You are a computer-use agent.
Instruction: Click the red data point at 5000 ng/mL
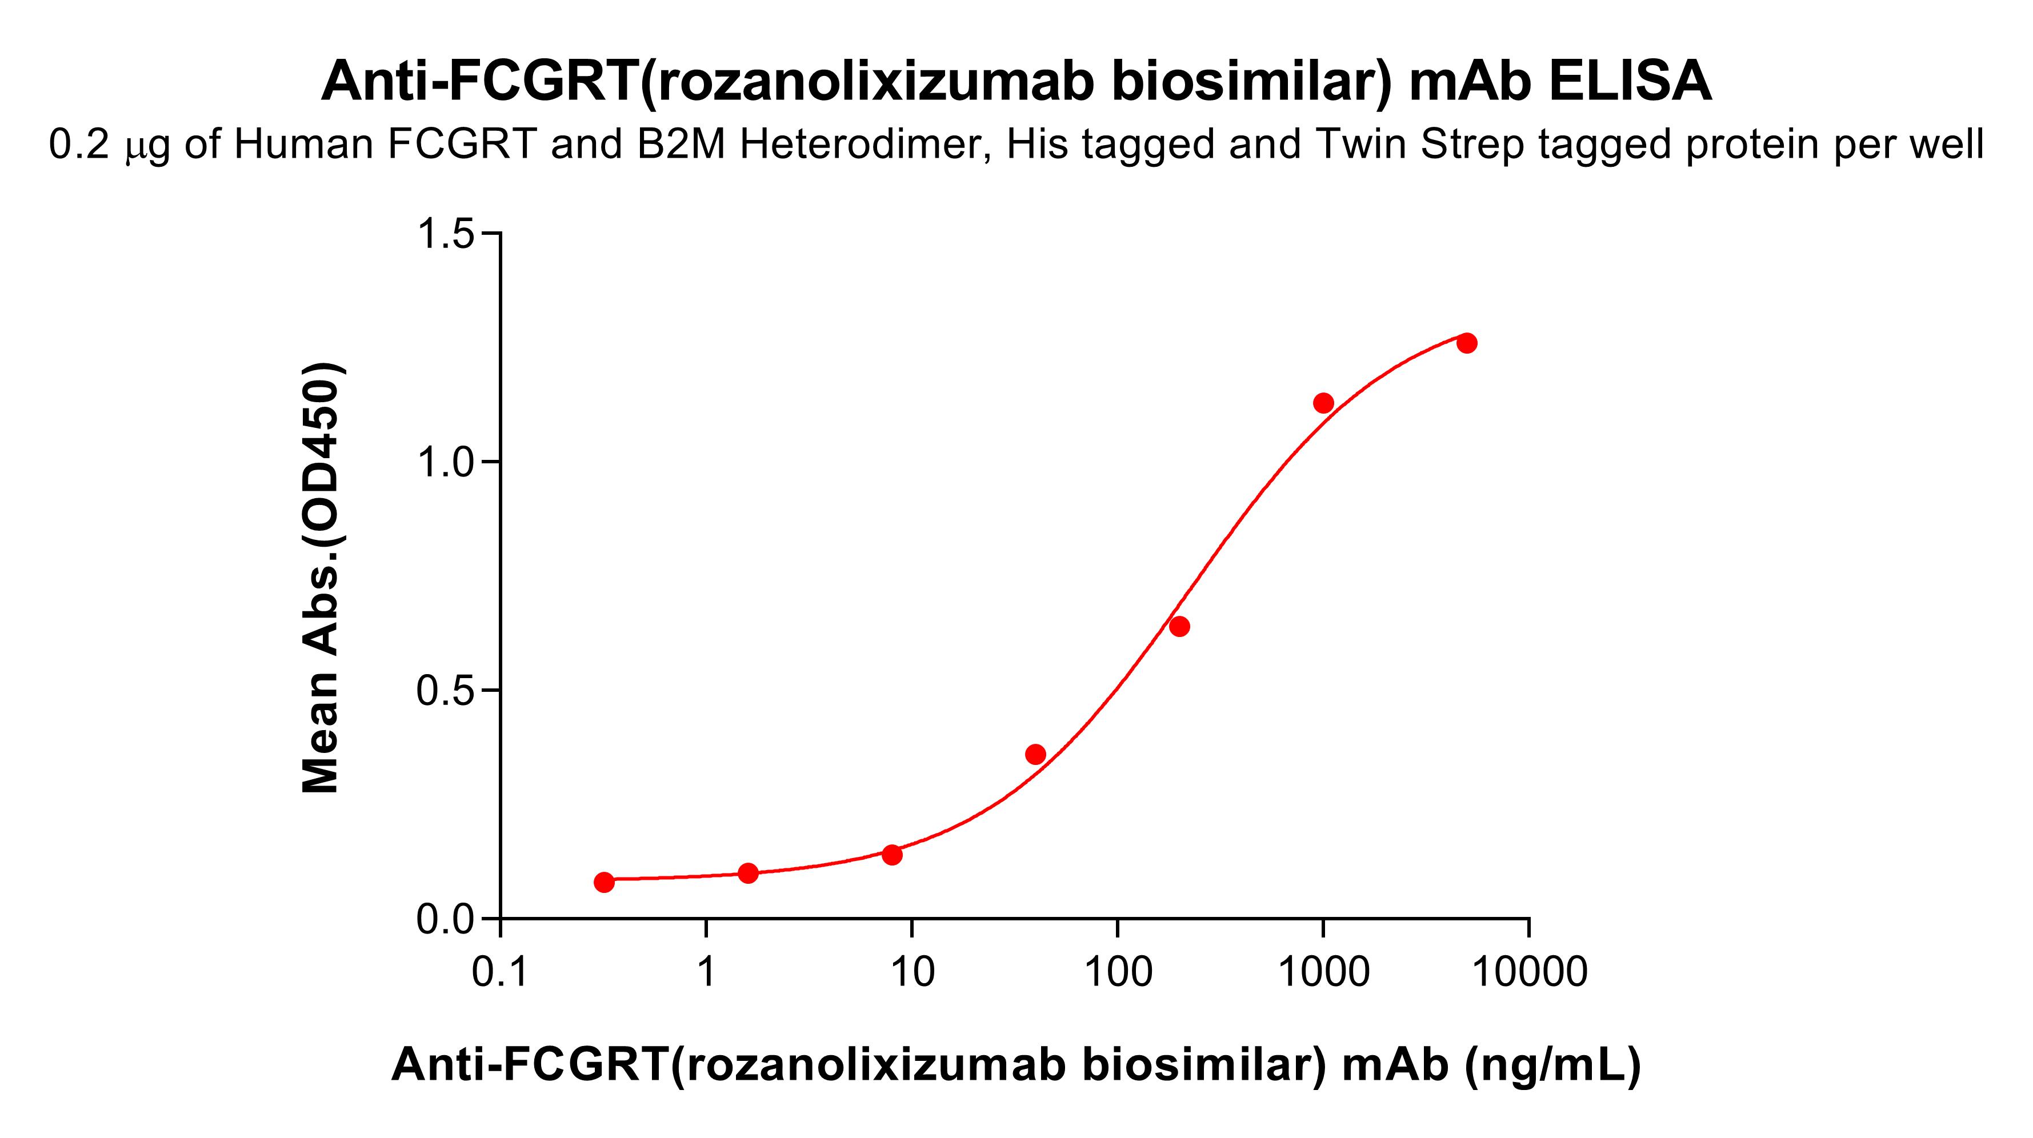[x=1466, y=343]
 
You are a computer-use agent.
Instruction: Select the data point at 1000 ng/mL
[x=1323, y=403]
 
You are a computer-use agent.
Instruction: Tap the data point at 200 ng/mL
[x=1179, y=627]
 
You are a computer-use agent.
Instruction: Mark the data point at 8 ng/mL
[x=892, y=855]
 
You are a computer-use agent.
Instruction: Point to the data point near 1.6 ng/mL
[x=748, y=873]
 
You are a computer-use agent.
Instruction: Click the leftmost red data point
[x=604, y=882]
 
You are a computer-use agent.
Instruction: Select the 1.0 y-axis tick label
[x=445, y=463]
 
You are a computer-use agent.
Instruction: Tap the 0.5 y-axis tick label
[x=445, y=691]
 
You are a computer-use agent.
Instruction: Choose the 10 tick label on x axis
[x=913, y=972]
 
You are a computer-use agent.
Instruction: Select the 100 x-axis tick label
[x=1118, y=972]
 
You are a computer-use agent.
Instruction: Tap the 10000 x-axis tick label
[x=1530, y=972]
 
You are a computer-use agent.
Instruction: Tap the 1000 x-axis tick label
[x=1323, y=972]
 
